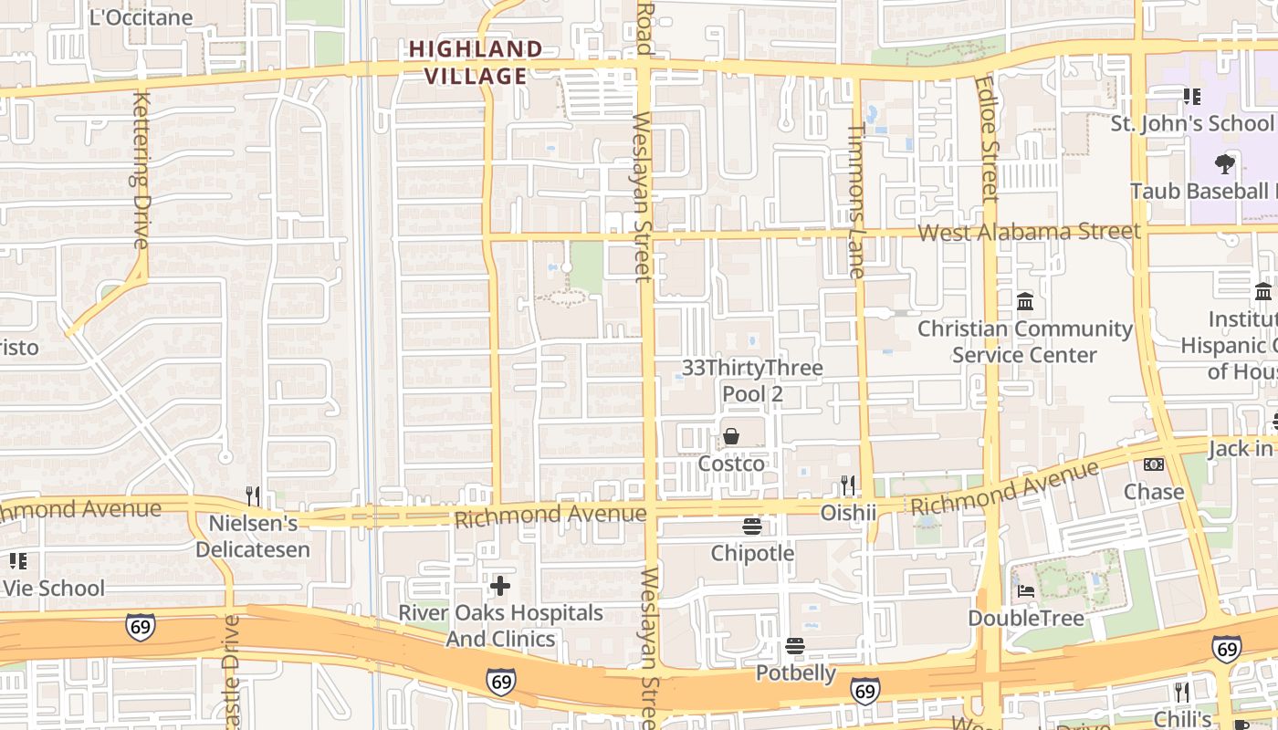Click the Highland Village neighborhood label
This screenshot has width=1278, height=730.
coord(476,62)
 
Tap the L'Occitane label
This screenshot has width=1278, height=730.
coord(141,17)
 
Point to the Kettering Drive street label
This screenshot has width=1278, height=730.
coord(141,169)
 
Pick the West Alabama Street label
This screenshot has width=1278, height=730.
coord(1029,232)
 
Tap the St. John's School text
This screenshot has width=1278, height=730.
coord(1190,123)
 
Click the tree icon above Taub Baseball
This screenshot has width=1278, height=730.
coord(1224,164)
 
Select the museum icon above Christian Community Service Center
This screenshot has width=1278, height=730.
coord(1024,301)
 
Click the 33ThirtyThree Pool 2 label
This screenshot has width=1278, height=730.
coord(753,381)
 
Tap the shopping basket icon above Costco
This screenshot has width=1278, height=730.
coord(731,436)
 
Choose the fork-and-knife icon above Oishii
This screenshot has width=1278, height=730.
coord(848,485)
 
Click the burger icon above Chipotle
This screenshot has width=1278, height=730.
coord(752,526)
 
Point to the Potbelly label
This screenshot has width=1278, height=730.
coord(795,673)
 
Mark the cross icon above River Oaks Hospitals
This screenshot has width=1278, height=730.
coord(500,585)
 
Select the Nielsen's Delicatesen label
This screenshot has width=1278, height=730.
coord(253,537)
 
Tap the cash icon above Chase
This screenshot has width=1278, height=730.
coord(1154,464)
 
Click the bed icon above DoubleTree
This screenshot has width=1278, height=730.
coord(1026,590)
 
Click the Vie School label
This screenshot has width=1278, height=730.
coord(54,588)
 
